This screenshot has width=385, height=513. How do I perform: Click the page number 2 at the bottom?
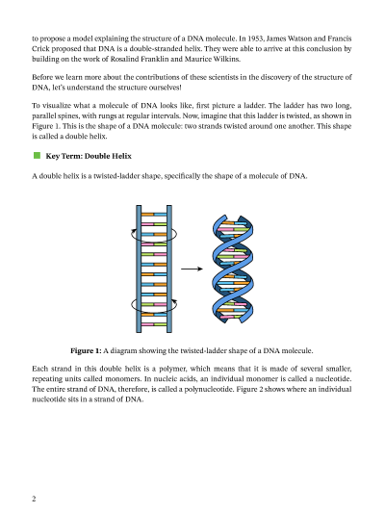(34, 500)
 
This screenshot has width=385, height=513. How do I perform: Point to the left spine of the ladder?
(140, 269)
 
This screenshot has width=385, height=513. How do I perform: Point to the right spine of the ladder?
(169, 269)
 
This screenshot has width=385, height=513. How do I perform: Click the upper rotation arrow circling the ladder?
(154, 233)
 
